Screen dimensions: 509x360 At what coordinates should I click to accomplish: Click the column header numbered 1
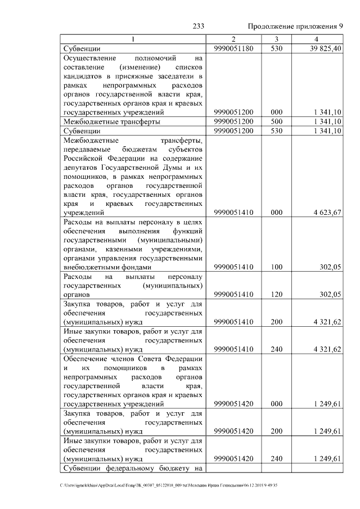coord(133,39)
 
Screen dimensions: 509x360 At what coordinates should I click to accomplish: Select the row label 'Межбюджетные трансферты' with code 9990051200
coord(112,121)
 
